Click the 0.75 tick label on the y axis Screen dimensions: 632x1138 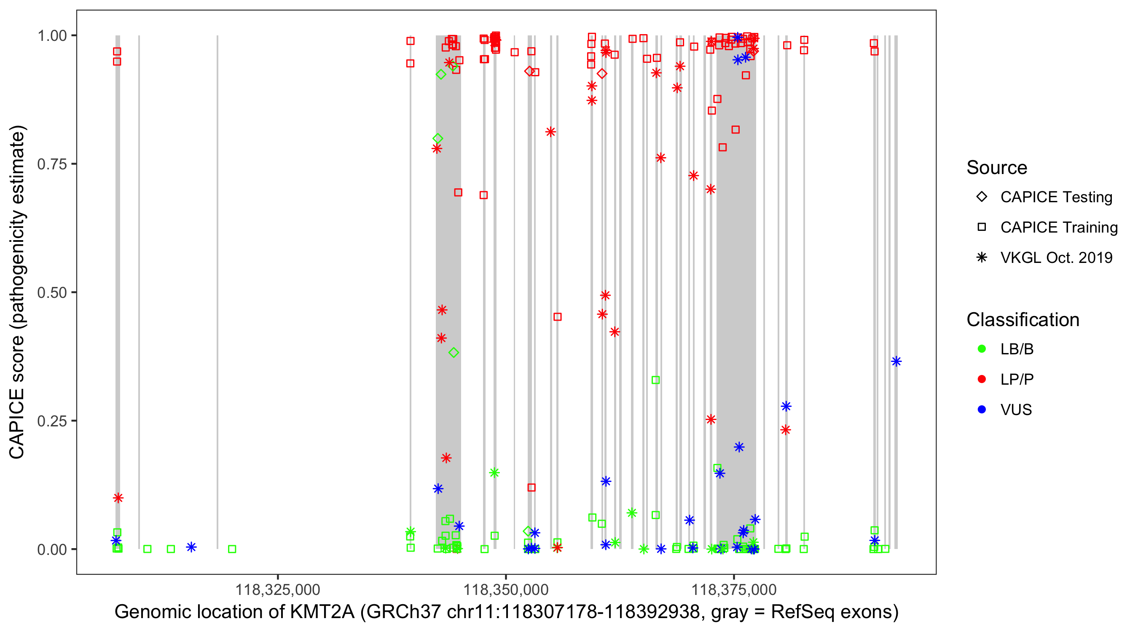[51, 164]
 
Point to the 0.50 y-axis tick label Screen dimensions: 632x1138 [51, 292]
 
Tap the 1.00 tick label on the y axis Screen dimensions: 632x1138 [51, 36]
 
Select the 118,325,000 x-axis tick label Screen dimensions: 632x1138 [277, 589]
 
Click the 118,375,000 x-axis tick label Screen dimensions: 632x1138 [734, 589]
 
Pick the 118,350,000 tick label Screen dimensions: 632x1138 [506, 589]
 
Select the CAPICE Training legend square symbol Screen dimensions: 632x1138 [982, 227]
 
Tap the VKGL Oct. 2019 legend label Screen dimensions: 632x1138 [1056, 257]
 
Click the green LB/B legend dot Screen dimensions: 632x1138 [982, 349]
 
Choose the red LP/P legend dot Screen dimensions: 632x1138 [982, 379]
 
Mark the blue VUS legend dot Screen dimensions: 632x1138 [982, 410]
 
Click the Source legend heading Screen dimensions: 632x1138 [997, 168]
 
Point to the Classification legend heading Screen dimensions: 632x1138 [1023, 320]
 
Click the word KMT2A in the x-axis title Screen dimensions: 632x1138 [322, 612]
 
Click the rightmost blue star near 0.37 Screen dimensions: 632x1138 [896, 362]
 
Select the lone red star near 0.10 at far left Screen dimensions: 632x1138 [118, 498]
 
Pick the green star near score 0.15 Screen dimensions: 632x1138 [494, 473]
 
